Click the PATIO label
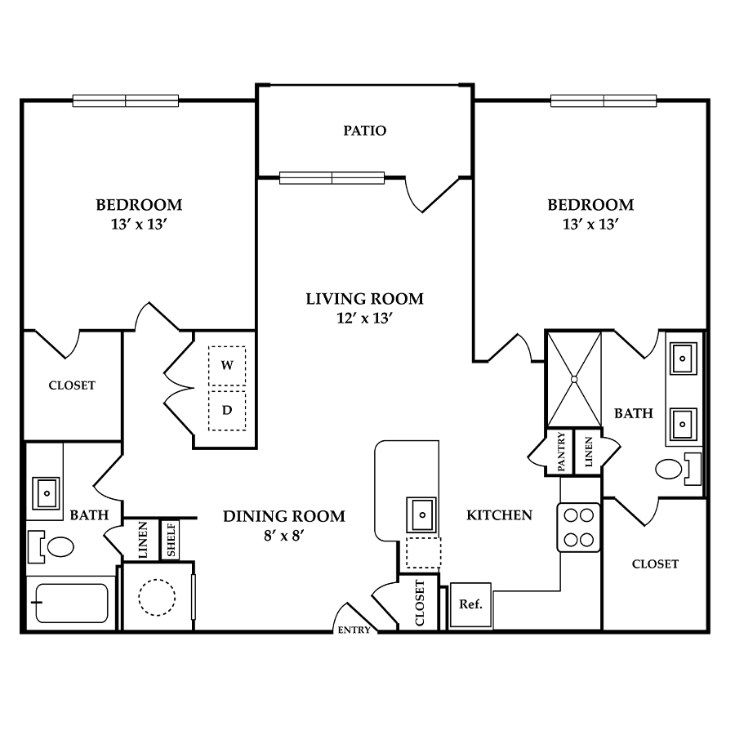365,131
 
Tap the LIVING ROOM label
365,299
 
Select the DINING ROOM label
284,516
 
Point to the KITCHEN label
499,515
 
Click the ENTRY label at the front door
354,630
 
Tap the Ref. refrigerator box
470,605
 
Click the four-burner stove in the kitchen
578,528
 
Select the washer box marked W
227,366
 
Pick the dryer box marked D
227,411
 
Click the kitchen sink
422,514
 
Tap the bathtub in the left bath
72,603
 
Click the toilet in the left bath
51,546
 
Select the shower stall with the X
574,379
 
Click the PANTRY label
562,452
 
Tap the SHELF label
171,540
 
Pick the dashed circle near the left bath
157,597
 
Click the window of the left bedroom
126,100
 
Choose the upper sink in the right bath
683,359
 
